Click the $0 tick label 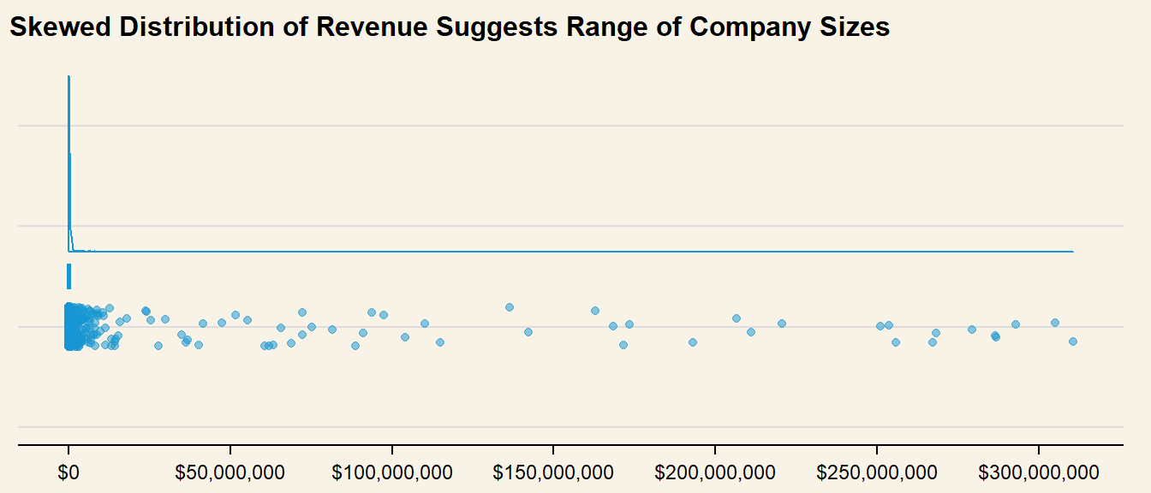(x=69, y=472)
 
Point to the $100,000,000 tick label (x=392, y=472)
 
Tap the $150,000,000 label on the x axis (x=553, y=472)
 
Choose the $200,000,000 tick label (x=715, y=472)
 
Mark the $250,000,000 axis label (x=877, y=472)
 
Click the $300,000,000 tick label (x=1039, y=472)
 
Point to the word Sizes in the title (x=853, y=27)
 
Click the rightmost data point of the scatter (x=1072, y=342)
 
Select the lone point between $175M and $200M (x=693, y=342)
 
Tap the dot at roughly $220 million (x=782, y=324)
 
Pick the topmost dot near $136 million (x=510, y=307)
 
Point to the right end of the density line (x=1072, y=252)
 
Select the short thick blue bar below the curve (x=69, y=276)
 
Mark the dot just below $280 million (x=972, y=330)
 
